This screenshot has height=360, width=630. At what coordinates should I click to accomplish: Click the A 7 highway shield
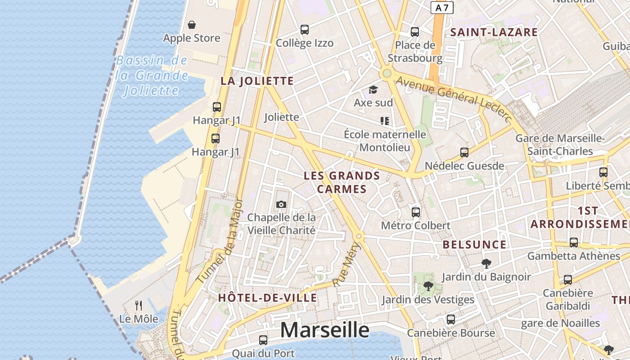coord(442,8)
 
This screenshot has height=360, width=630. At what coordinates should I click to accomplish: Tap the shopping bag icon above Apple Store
coord(192,24)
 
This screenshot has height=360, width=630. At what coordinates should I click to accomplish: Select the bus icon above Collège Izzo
coord(305,30)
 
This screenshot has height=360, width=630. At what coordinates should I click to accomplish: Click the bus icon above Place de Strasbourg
coord(415,32)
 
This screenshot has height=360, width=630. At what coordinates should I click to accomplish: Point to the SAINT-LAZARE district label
coord(494,32)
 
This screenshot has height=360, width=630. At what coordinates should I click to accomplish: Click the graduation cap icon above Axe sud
coord(373,90)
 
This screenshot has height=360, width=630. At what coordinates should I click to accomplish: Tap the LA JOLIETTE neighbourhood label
coord(257,81)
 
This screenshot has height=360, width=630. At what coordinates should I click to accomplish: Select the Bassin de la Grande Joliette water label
coord(152,76)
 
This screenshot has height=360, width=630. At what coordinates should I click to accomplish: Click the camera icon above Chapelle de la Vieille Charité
coord(281,205)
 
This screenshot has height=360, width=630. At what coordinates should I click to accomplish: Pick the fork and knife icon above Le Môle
coord(139,306)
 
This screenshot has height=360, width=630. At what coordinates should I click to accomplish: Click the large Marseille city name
coord(324,330)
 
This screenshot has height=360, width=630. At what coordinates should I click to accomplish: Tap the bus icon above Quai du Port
coord(263,340)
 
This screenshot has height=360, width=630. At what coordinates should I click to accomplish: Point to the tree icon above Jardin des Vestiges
coord(428,286)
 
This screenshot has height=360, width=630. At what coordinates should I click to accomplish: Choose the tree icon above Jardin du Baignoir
coord(486,263)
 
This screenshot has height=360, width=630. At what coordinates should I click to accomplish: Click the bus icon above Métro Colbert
coord(416,212)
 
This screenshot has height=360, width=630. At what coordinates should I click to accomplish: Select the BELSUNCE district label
coord(474,245)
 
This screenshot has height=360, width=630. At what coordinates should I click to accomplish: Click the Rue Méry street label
coord(347,265)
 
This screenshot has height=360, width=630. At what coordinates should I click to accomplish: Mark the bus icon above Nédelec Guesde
coord(464,153)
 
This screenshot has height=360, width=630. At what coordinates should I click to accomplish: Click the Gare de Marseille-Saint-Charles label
coord(560,144)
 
